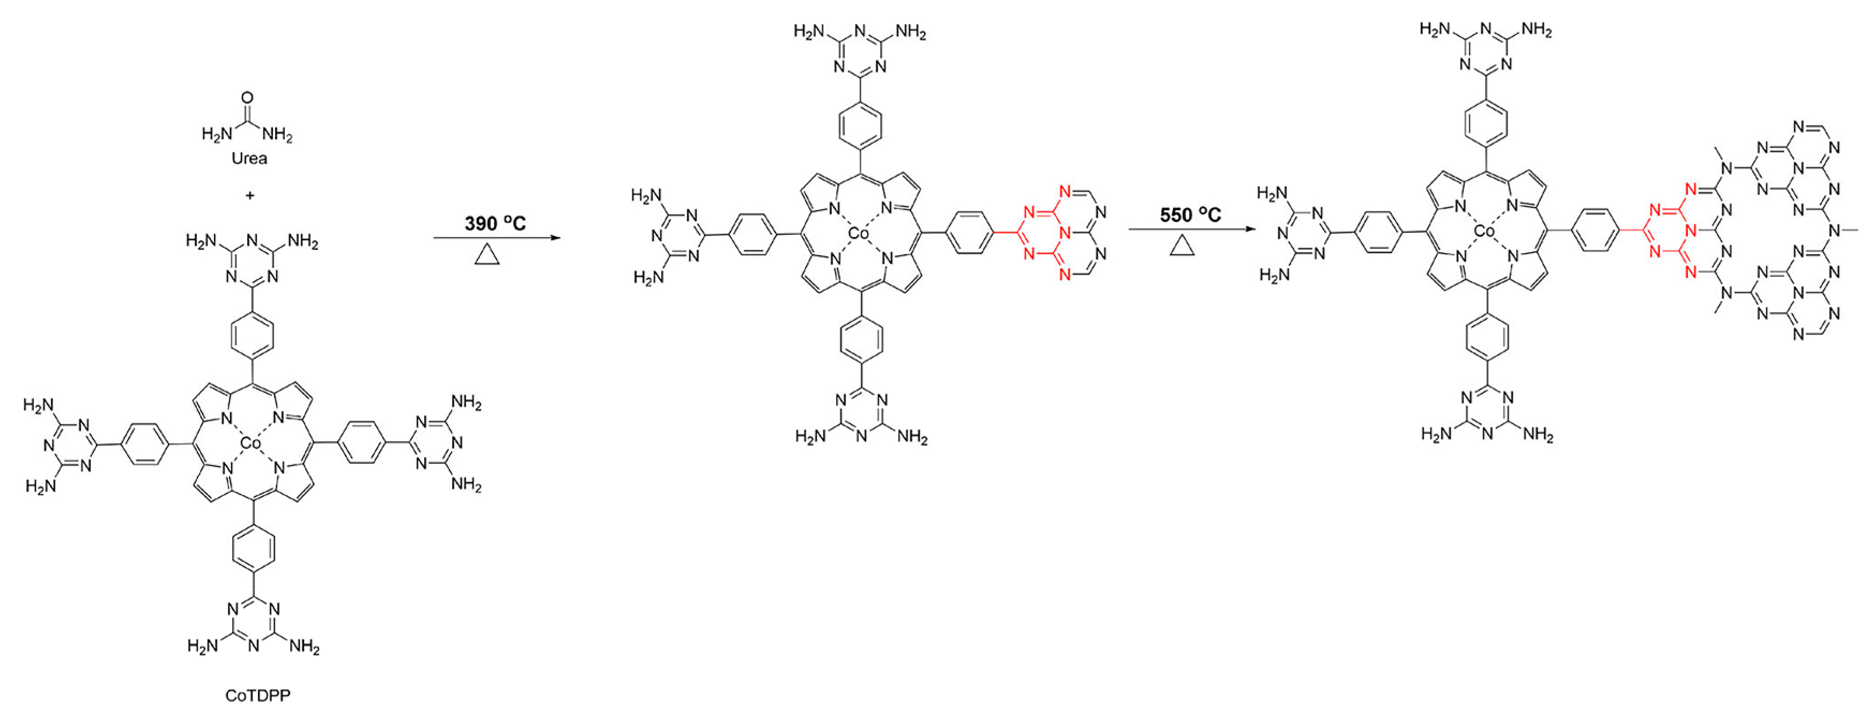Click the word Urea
pos(249,158)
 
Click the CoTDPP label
pos(258,695)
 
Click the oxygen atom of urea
pos(248,98)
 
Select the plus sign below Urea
pos(250,196)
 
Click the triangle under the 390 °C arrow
pos(487,255)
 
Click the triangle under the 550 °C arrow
pos(1183,247)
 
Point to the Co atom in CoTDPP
pos(250,442)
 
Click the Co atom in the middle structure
pos(859,234)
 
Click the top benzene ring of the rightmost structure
pos(1486,123)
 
